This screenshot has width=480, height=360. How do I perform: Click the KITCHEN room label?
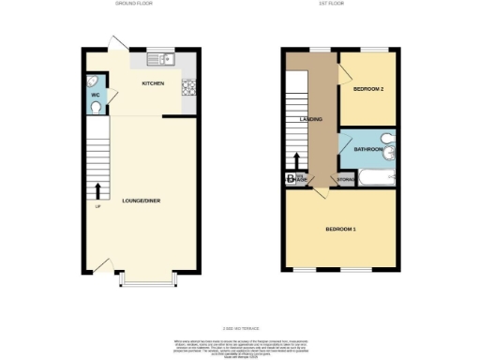pyautogui.click(x=154, y=83)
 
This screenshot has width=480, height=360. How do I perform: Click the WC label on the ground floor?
pyautogui.click(x=96, y=96)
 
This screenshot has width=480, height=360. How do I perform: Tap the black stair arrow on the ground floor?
pyautogui.click(x=98, y=190)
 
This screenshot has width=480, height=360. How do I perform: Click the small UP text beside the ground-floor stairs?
pyautogui.click(x=97, y=207)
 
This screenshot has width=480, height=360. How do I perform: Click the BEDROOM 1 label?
pyautogui.click(x=340, y=229)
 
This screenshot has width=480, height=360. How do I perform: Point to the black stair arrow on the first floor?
pyautogui.click(x=296, y=162)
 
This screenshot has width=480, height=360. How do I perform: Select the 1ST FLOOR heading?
pyautogui.click(x=340, y=5)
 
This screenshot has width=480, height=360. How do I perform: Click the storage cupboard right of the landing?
pyautogui.click(x=346, y=179)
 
